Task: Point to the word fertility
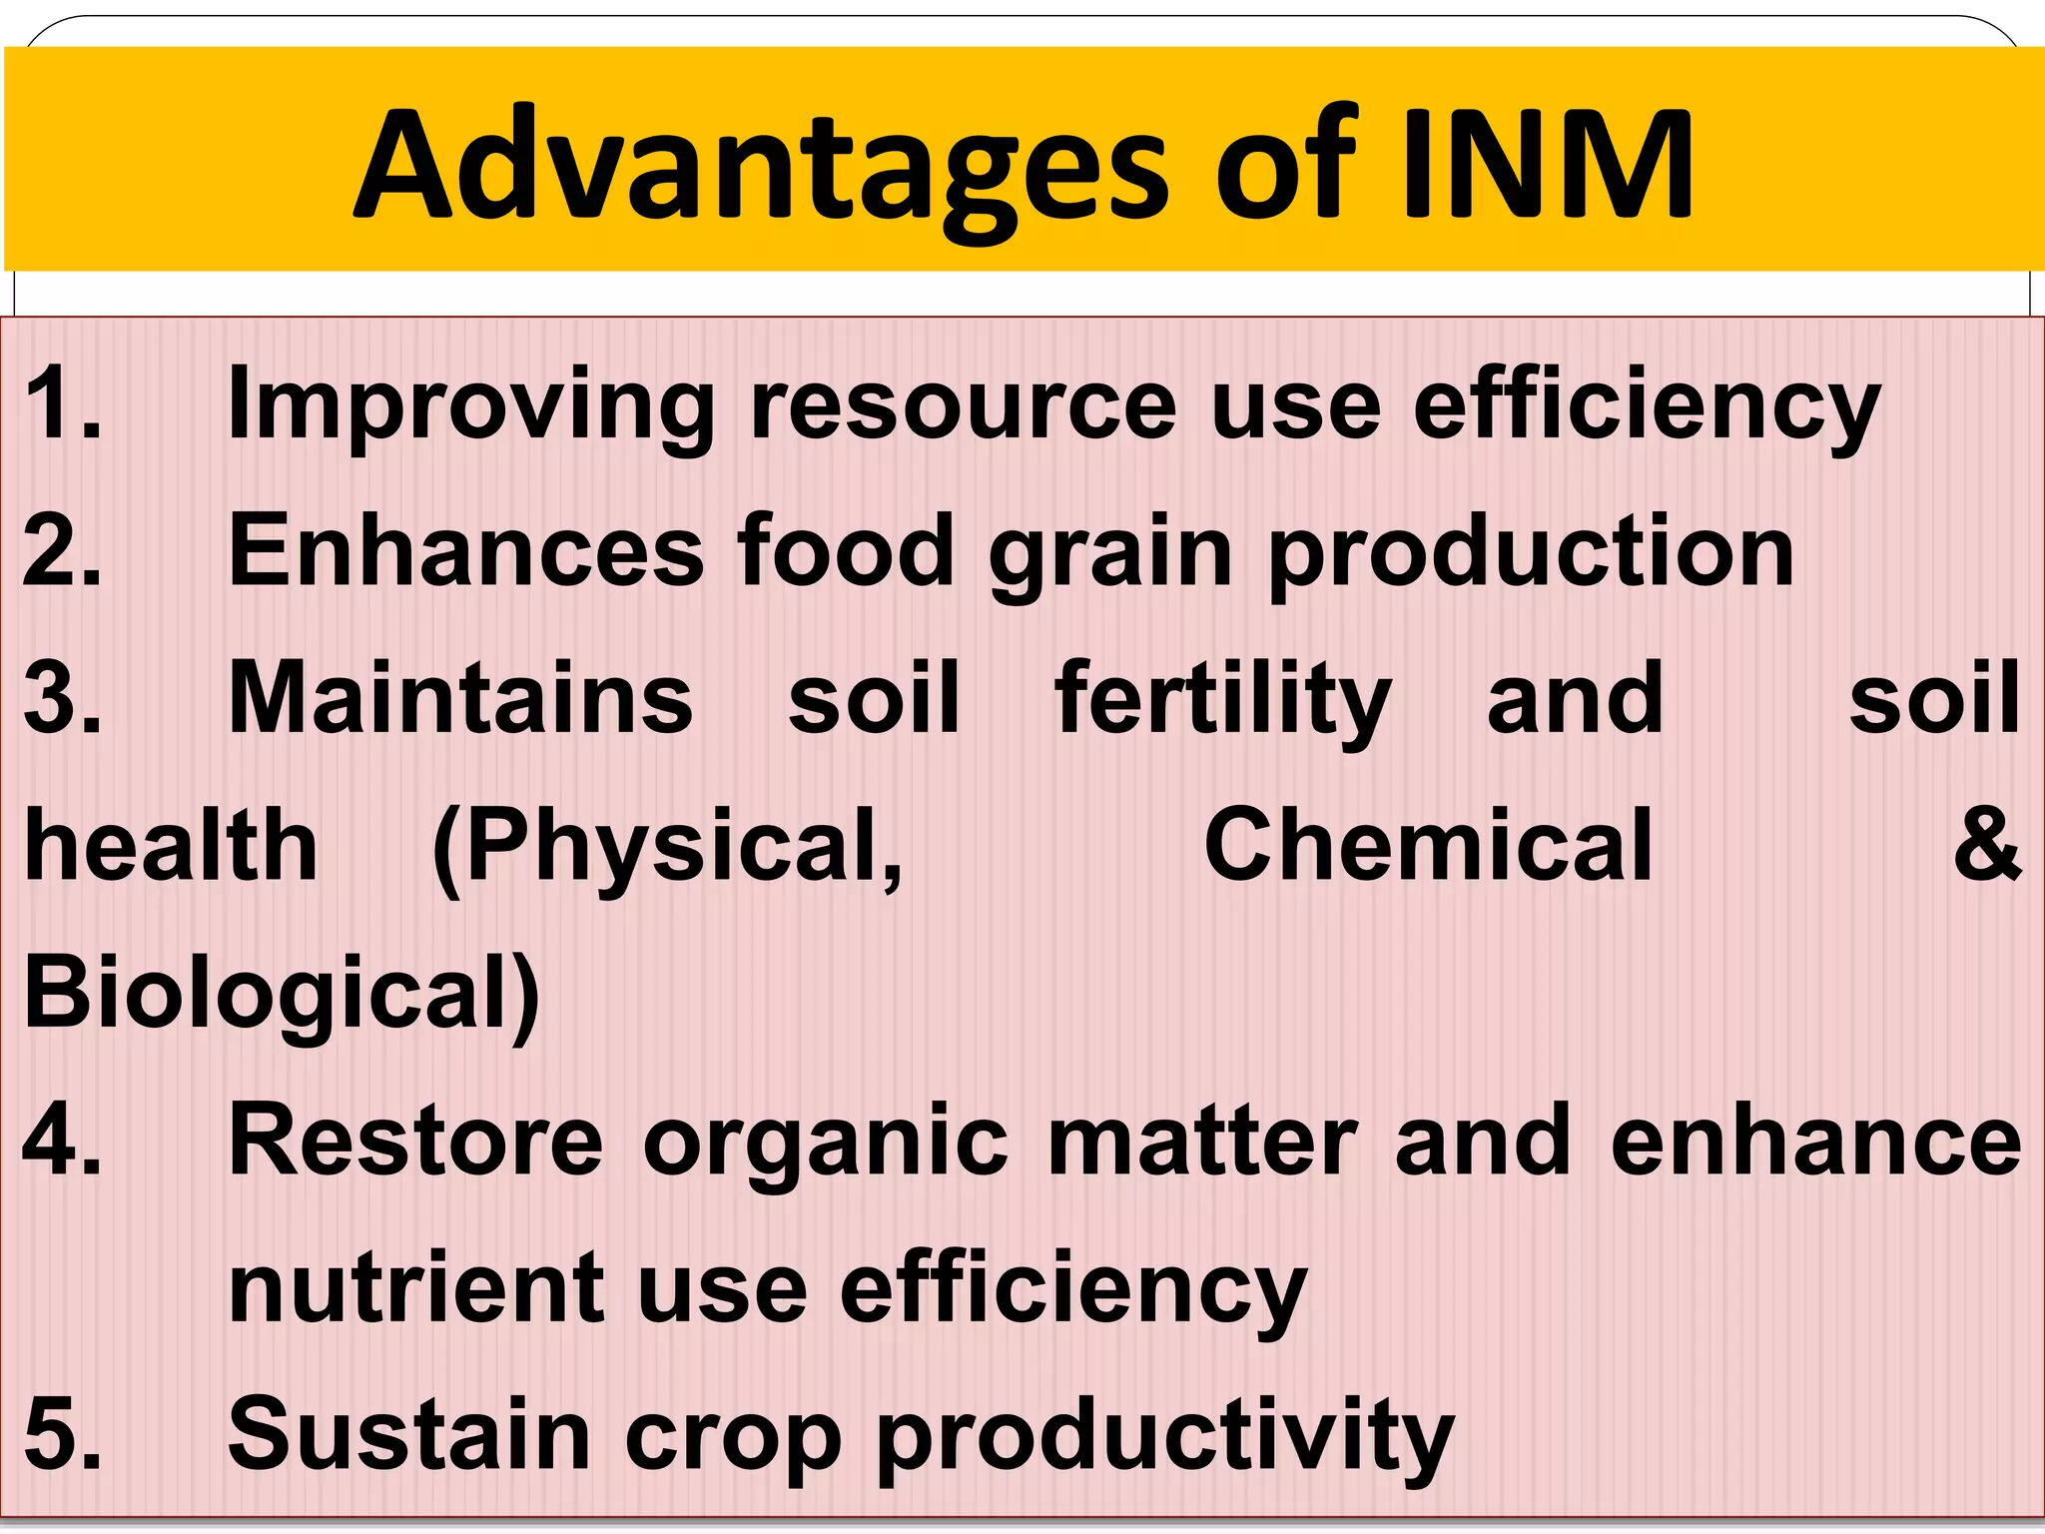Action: point(1222,699)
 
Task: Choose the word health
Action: point(171,846)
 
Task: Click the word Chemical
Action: point(1428,846)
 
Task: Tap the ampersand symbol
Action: point(1987,846)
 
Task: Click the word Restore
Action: point(415,1141)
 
